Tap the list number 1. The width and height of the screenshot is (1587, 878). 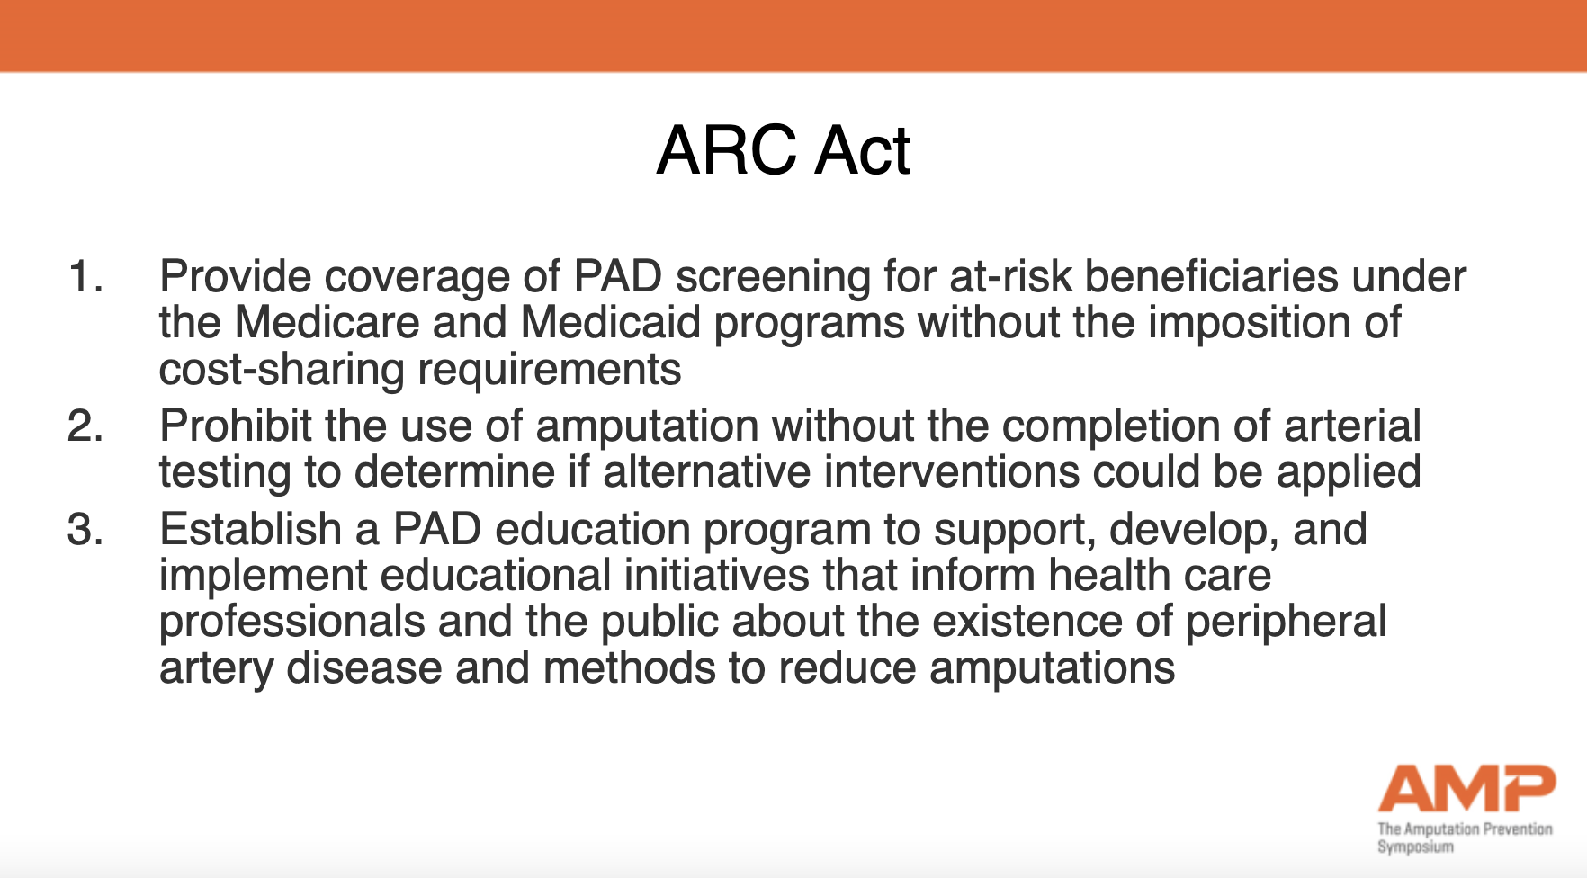point(85,276)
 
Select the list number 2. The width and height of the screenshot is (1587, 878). point(85,426)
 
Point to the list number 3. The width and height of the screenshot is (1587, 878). point(85,529)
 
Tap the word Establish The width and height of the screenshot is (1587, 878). point(250,529)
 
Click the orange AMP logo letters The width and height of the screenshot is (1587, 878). point(1467,788)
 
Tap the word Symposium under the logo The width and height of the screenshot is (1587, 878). point(1415,847)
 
